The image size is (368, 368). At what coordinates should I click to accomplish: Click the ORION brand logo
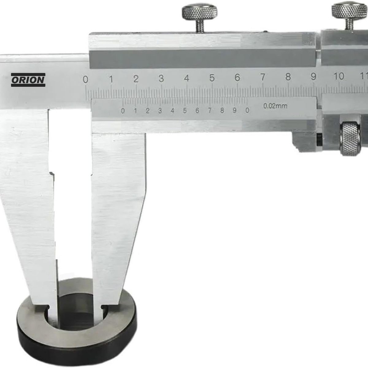[x=28, y=80]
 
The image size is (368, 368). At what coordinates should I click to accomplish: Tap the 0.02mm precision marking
[x=275, y=106]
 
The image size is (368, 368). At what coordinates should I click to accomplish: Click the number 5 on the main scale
[x=212, y=78]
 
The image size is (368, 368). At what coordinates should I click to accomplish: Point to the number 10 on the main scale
[x=339, y=76]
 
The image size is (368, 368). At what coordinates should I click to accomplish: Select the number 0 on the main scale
[x=86, y=79]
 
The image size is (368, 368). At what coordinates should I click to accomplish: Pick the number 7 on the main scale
[x=263, y=77]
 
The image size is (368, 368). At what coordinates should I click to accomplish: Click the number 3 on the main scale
[x=161, y=79]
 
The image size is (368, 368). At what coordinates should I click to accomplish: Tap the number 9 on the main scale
[x=313, y=77]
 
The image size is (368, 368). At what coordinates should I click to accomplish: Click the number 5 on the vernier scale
[x=185, y=111]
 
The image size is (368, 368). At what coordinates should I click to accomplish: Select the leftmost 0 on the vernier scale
[x=123, y=111]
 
